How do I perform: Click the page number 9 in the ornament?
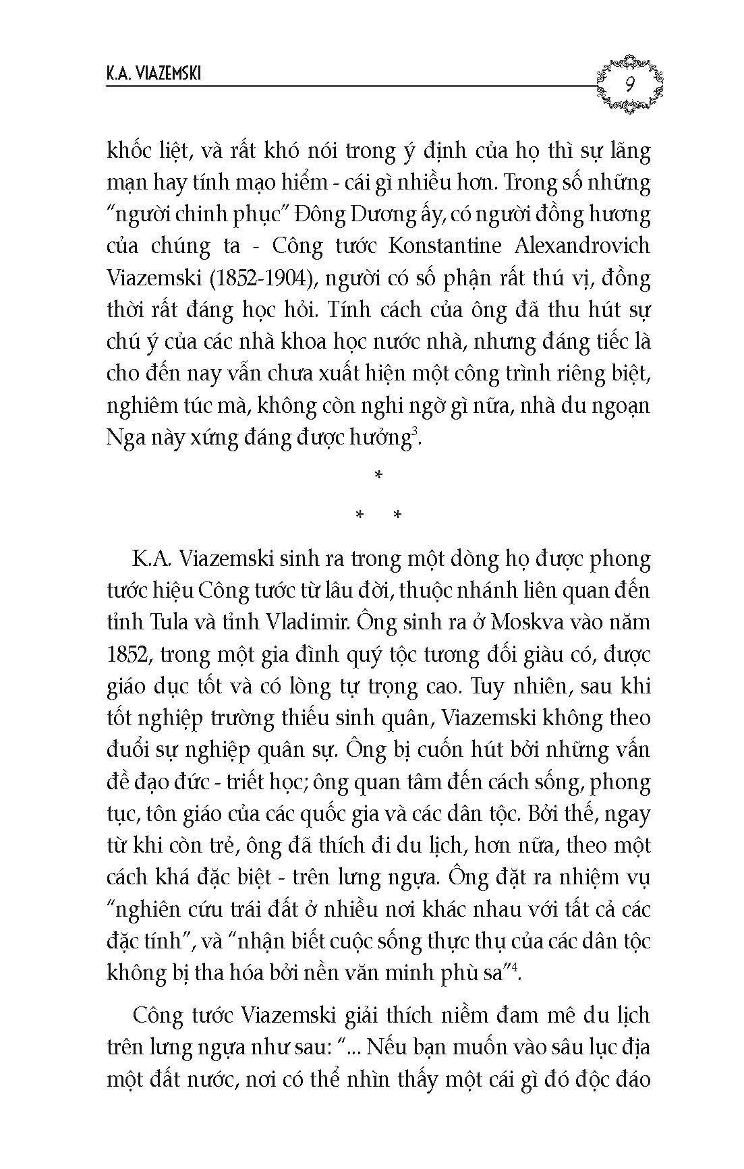click(x=629, y=84)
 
